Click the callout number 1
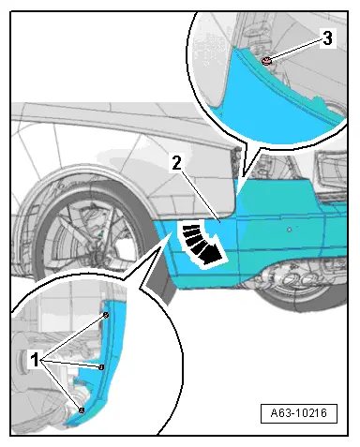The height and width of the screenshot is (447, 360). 35,359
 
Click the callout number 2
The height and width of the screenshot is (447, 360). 176,163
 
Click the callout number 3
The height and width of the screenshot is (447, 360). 327,38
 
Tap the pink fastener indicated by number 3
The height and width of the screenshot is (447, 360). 266,61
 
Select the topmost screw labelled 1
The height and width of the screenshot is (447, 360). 106,315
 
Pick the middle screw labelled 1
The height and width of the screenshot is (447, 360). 101,367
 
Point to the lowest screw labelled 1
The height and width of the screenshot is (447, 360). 82,410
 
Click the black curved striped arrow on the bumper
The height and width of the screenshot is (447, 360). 202,244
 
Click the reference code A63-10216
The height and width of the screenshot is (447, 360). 299,413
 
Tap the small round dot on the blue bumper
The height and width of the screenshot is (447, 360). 290,230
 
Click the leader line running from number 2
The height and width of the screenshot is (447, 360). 201,197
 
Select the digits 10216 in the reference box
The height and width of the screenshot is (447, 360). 311,413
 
